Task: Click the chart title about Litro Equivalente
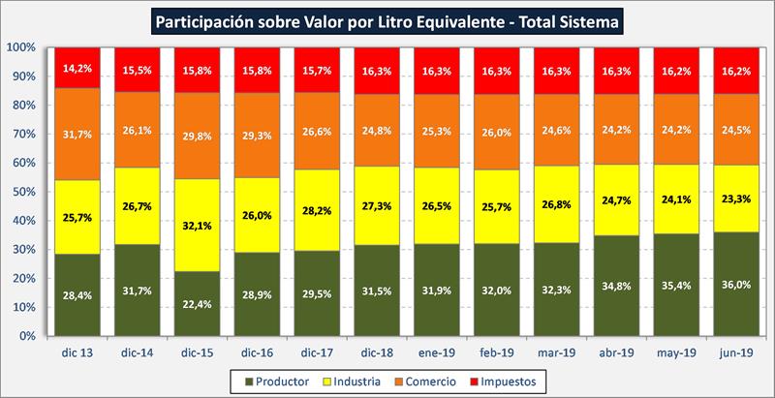tap(387, 19)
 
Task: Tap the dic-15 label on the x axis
tap(198, 353)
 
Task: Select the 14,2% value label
tap(78, 68)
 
